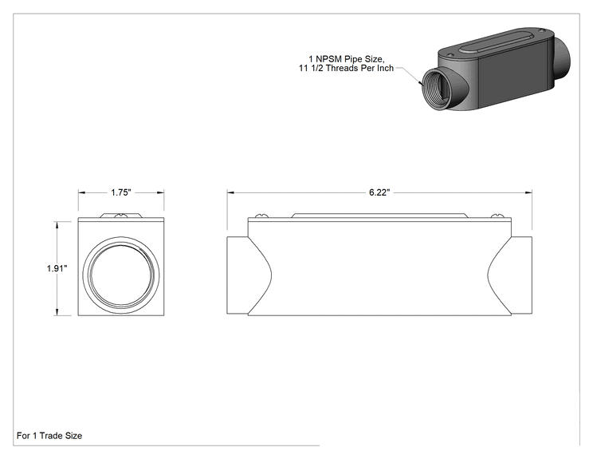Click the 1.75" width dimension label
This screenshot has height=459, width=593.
[120, 192]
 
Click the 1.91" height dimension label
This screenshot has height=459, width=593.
[57, 268]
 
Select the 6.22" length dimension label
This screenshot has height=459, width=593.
[379, 192]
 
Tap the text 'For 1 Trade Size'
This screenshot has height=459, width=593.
[49, 436]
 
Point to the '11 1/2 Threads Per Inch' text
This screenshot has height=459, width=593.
[347, 68]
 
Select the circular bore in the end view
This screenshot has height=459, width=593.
[121, 274]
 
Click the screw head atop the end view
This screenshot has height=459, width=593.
[121, 216]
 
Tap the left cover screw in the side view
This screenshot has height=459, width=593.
[261, 216]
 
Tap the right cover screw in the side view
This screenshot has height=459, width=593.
[497, 216]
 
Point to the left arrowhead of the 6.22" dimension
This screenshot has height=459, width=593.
[230, 192]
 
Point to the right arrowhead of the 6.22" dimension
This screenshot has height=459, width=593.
[528, 192]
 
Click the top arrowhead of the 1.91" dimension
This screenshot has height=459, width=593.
[57, 225]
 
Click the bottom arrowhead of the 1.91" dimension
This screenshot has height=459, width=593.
[57, 311]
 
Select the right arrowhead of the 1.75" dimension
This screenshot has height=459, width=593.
[160, 192]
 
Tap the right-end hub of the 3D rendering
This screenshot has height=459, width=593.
[561, 61]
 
